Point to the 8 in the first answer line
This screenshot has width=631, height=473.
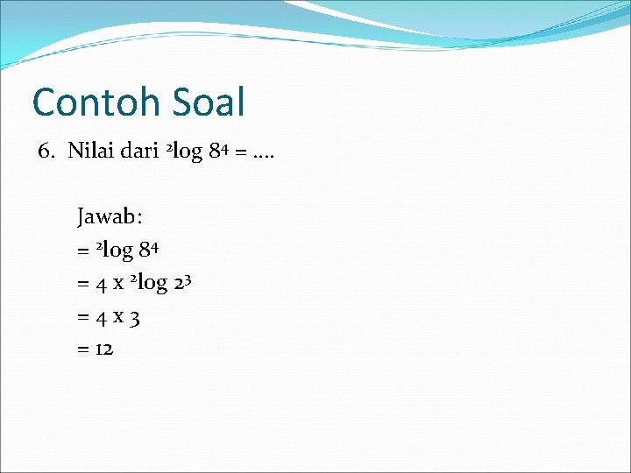coord(145,251)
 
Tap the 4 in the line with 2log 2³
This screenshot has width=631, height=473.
coord(105,284)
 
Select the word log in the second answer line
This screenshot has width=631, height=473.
coord(152,285)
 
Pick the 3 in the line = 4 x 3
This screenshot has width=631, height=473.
coord(135,317)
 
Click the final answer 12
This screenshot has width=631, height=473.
coord(104,349)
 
